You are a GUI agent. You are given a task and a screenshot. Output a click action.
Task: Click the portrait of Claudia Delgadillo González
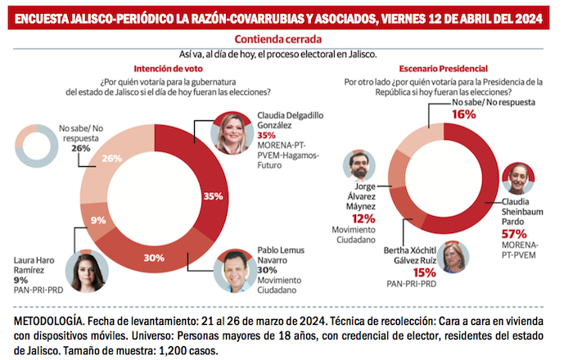coord(232,133)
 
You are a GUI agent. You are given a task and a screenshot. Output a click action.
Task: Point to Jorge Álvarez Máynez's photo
coord(359,168)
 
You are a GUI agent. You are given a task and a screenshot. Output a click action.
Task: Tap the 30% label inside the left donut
coord(153,256)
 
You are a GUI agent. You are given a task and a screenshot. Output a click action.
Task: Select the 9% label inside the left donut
coord(98,220)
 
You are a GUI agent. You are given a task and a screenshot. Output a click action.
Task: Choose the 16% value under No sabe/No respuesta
coord(465,115)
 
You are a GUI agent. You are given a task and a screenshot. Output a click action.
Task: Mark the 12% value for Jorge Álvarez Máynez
coord(363,218)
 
